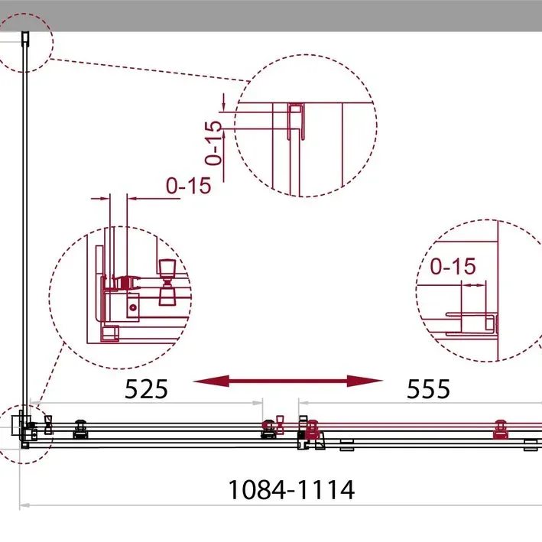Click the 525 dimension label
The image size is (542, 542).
tap(146, 389)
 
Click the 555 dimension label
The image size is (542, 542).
tap(428, 389)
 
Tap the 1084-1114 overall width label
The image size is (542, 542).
tap(291, 490)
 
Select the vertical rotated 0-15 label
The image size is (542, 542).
tap(213, 143)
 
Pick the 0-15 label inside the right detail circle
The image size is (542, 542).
tap(453, 267)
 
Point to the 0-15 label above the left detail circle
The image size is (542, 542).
tap(188, 186)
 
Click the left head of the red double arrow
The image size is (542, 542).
tap(211, 381)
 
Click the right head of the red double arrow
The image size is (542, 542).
tap(365, 381)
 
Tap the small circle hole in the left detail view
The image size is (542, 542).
tap(133, 307)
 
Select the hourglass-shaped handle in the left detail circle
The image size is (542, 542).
tap(167, 282)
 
